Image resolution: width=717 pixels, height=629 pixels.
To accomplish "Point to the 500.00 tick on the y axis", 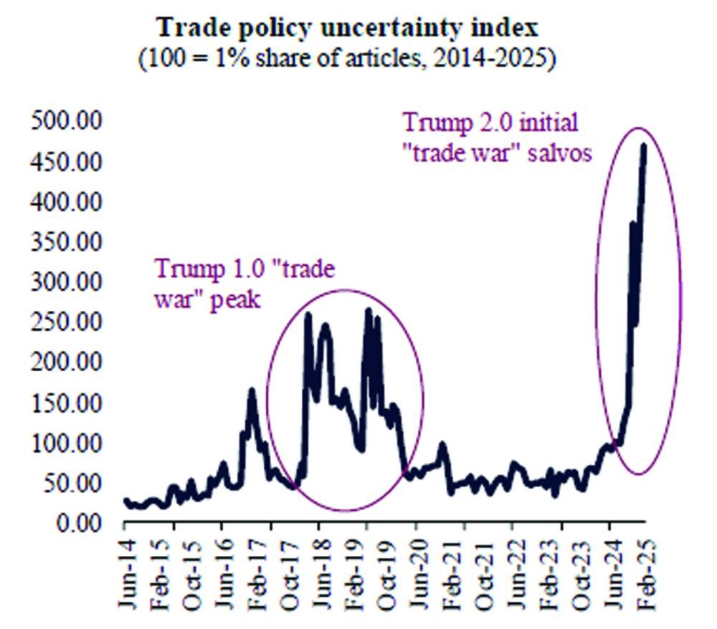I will point(65,121).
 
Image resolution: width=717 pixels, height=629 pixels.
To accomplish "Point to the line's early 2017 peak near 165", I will point(252,390).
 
